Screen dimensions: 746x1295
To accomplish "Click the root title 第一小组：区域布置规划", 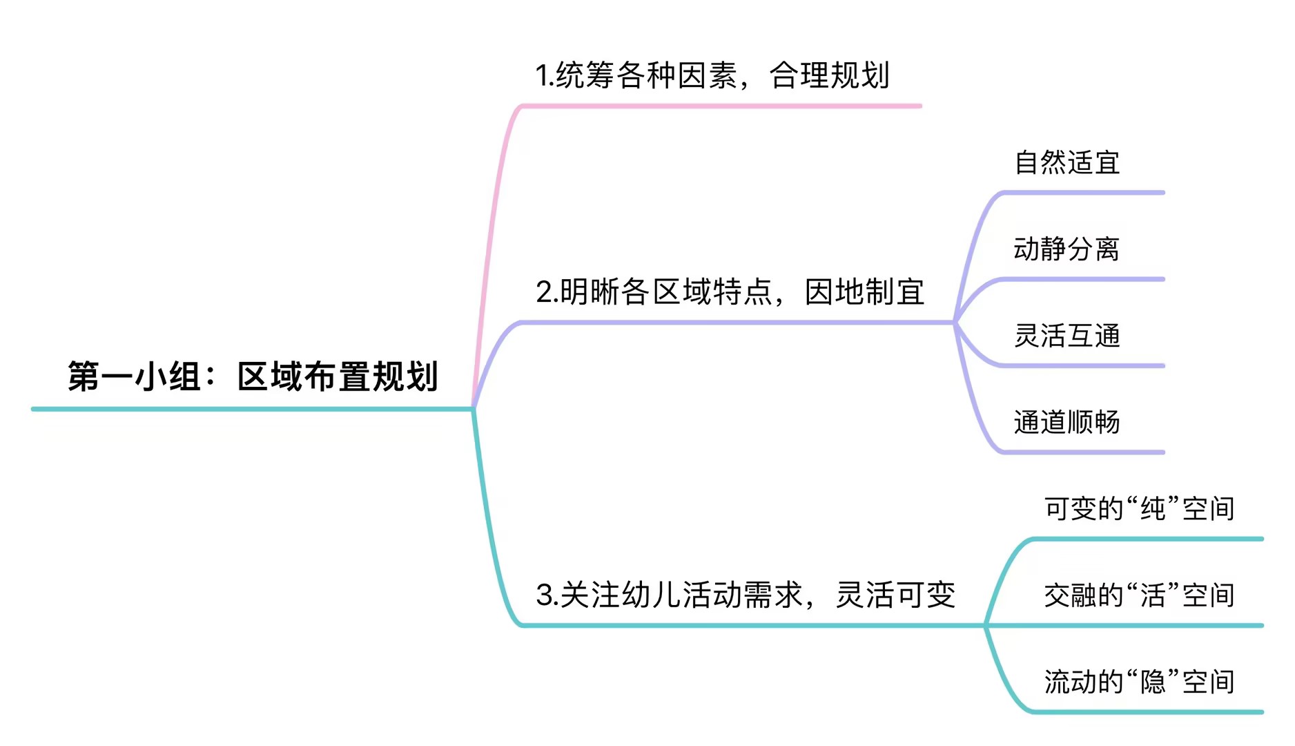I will (x=253, y=376).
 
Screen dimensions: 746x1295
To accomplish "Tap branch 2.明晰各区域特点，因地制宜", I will (x=730, y=292).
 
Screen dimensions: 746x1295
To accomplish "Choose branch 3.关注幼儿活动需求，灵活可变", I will (x=746, y=595).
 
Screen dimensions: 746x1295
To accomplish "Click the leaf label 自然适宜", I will (x=1067, y=163).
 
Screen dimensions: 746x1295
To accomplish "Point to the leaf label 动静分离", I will (x=1067, y=249).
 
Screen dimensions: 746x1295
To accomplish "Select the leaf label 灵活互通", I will (x=1067, y=336).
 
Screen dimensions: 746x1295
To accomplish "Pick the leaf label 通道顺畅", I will (x=1067, y=422).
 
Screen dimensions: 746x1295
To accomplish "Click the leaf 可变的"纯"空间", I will (x=1139, y=509).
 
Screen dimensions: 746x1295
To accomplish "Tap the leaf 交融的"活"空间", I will (x=1139, y=595).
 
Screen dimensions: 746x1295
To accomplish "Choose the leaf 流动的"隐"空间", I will (x=1139, y=682).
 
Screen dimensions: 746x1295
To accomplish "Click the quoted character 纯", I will (x=1153, y=509).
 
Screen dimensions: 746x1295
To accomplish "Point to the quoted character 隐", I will (x=1153, y=682).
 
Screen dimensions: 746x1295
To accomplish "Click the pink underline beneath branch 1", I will (x=721, y=106).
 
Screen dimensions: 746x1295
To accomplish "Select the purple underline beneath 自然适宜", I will (x=1084, y=193).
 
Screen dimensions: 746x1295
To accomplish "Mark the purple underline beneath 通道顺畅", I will (x=1084, y=452).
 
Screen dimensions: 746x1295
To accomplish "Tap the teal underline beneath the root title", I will (x=253, y=409).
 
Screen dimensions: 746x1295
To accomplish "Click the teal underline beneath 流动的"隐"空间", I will (x=1146, y=711).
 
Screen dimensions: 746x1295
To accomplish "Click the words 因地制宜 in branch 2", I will (x=864, y=292).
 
